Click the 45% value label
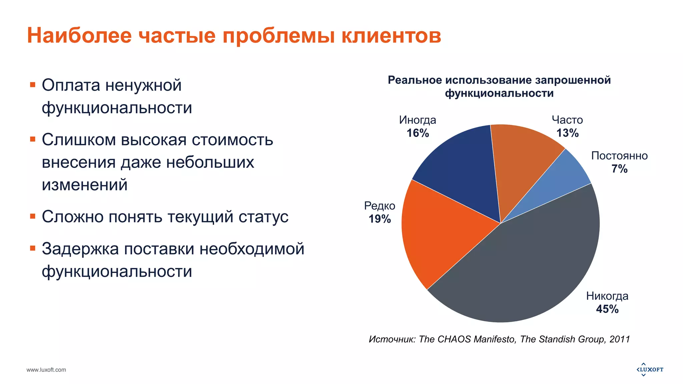tap(607, 309)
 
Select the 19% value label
tap(380, 219)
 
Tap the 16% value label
tap(418, 133)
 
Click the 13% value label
tap(567, 133)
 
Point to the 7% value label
tap(619, 169)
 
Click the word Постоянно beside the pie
tap(619, 156)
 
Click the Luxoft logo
tap(650, 369)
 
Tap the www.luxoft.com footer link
tap(46, 370)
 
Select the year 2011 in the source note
tap(620, 339)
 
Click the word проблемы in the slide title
tap(278, 35)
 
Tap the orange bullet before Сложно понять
tap(33, 216)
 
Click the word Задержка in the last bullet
tap(80, 249)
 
